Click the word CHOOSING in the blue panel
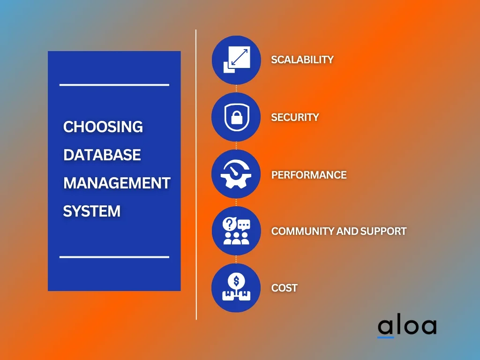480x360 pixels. [x=103, y=127]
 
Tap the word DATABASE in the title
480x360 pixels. [x=102, y=155]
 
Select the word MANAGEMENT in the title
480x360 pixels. [x=117, y=183]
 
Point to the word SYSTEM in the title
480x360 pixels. [x=91, y=211]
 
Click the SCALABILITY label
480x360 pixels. [x=302, y=60]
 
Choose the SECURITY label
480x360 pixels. [x=295, y=117]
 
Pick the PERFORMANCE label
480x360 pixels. [x=309, y=175]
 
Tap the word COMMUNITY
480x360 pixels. [x=302, y=231]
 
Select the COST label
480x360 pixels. [x=284, y=288]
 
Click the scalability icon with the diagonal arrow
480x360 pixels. [x=237, y=60]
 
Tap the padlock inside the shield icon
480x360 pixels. [x=236, y=117]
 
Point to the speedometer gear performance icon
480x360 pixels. [x=236, y=174]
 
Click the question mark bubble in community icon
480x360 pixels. [x=229, y=224]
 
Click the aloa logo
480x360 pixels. [x=407, y=326]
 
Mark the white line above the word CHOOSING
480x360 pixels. [x=114, y=85]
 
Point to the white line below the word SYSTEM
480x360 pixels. [x=114, y=257]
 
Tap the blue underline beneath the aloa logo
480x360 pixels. [x=385, y=337]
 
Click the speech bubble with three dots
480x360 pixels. [x=244, y=225]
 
